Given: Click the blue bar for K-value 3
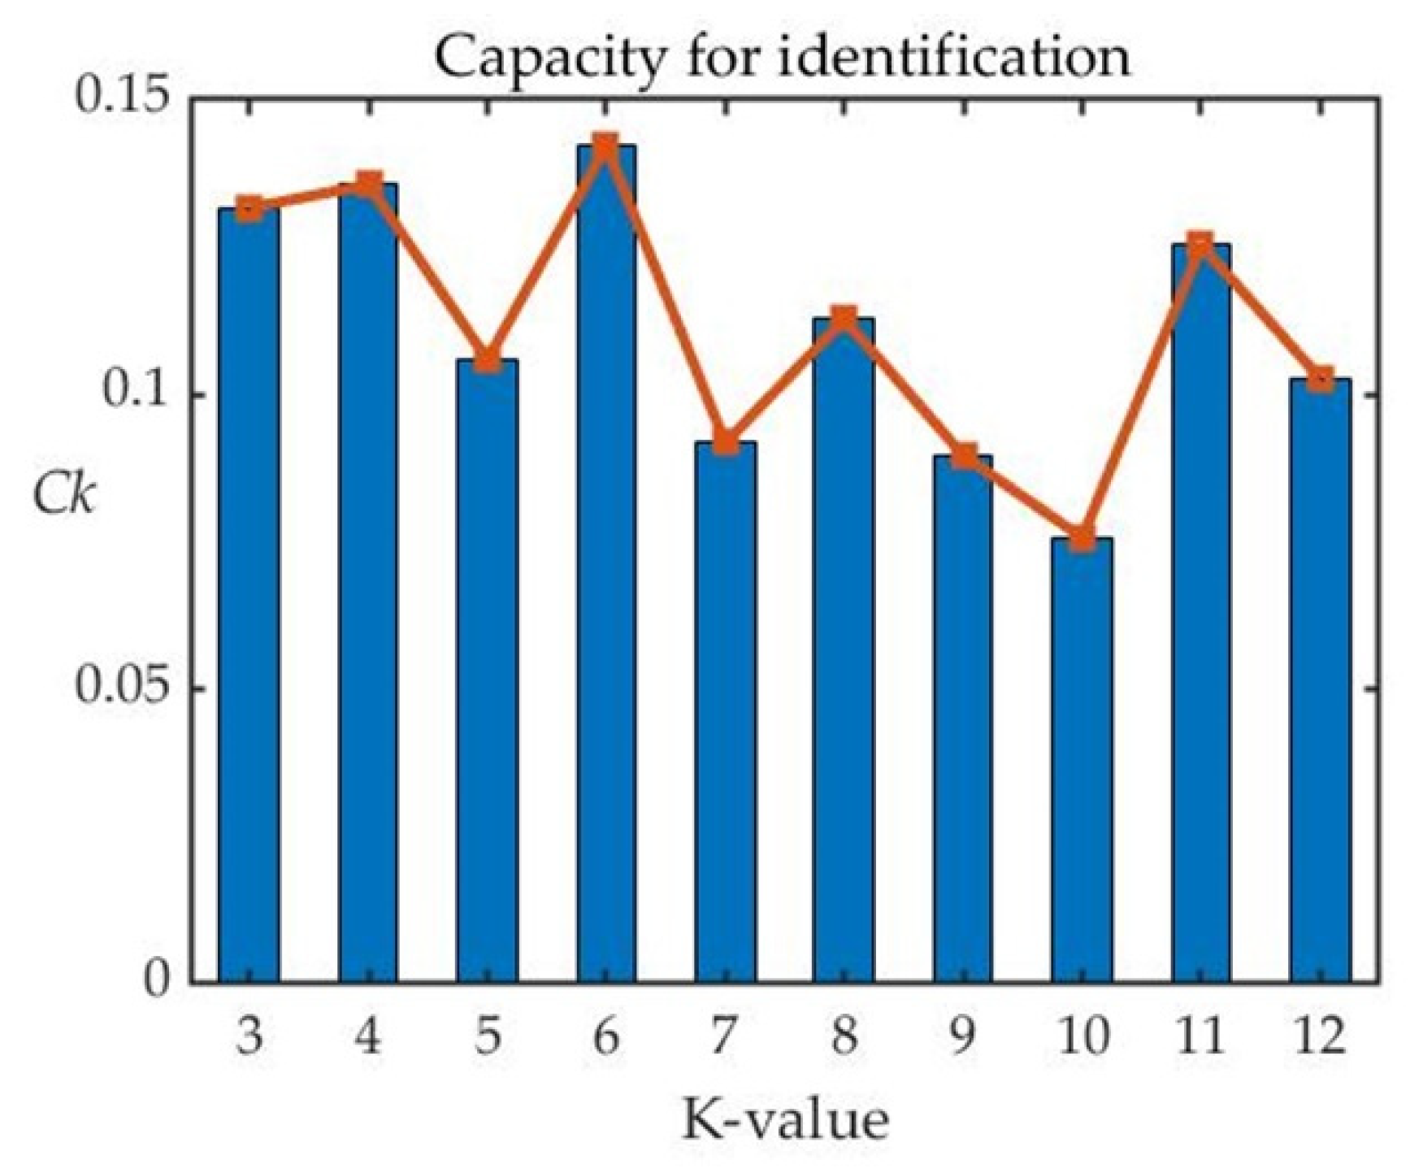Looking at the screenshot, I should tap(249, 593).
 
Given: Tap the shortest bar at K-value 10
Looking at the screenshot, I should tap(1081, 760).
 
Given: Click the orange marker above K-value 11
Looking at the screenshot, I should tap(1200, 244).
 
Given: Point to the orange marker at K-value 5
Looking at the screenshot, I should tap(487, 359).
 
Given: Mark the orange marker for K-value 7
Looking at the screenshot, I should tap(726, 443).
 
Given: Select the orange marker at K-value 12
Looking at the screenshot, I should tap(1321, 379).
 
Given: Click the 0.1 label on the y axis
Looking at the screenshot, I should tap(135, 394).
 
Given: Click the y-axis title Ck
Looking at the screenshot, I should tap(63, 493).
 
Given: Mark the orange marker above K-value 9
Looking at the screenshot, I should tap(963, 456).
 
